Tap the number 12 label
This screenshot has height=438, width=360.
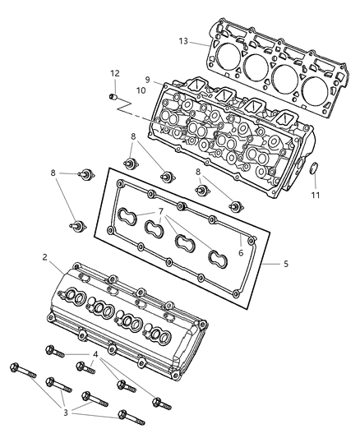[116, 74]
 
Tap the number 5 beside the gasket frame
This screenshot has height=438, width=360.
[286, 264]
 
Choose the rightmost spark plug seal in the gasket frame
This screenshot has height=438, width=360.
[218, 260]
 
